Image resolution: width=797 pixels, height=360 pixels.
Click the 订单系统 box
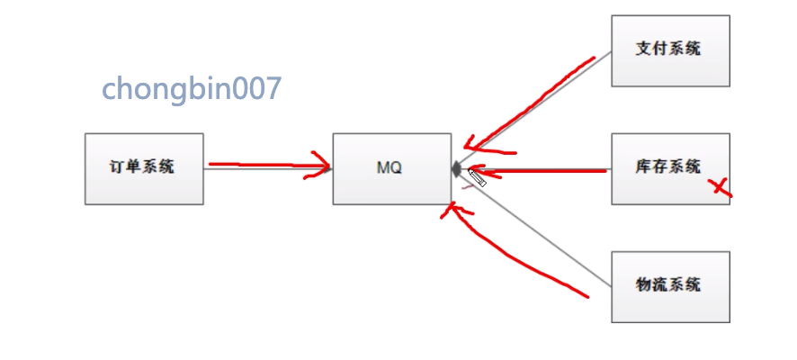coord(144,168)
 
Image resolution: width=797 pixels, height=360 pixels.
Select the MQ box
coord(391,168)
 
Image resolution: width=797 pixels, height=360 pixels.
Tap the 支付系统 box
coord(670,50)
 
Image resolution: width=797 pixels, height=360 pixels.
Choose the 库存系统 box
coord(670,168)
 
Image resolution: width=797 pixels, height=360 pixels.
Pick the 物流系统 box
coord(670,286)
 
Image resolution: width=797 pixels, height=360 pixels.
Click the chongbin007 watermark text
coord(192,88)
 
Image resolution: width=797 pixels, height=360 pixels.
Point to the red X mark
coord(720,186)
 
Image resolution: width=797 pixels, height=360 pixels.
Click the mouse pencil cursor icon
coord(476,176)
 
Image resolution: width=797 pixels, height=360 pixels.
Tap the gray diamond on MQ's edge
coord(456,168)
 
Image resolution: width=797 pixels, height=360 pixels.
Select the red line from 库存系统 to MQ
coord(540,169)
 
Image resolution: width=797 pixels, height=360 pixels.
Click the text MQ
coord(390,168)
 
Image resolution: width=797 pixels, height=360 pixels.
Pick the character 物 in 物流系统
coord(643,285)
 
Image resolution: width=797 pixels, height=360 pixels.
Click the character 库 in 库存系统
coord(643,166)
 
